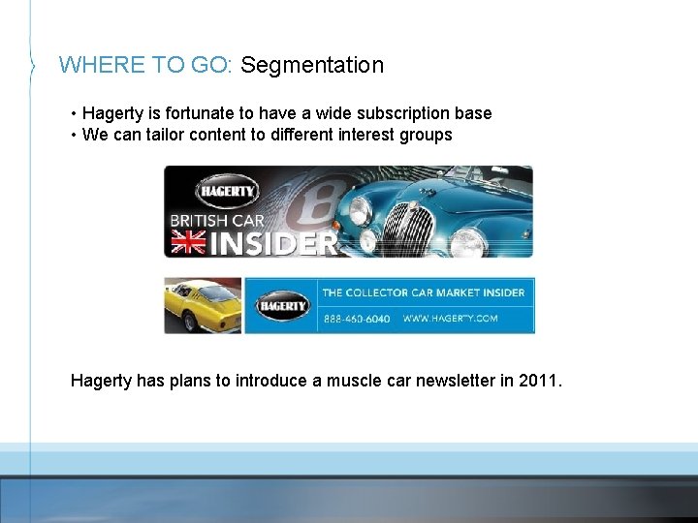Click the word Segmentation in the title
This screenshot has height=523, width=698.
pos(312,65)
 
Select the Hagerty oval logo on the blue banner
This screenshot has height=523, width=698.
pos(282,306)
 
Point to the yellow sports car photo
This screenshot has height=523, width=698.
pos(202,305)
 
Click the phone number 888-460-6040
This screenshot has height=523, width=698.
pos(356,318)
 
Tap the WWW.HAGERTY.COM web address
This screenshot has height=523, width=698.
pos(450,318)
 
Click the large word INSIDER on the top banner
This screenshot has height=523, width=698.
pos(272,243)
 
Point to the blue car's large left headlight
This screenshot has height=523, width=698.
pos(361,209)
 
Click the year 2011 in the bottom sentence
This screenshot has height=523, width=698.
pos(538,381)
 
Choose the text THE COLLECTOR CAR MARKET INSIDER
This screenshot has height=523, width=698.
pos(423,292)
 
